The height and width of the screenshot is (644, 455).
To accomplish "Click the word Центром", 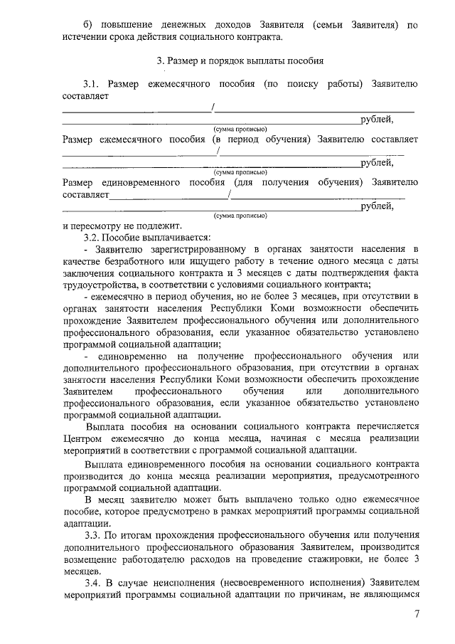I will point(81,439).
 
